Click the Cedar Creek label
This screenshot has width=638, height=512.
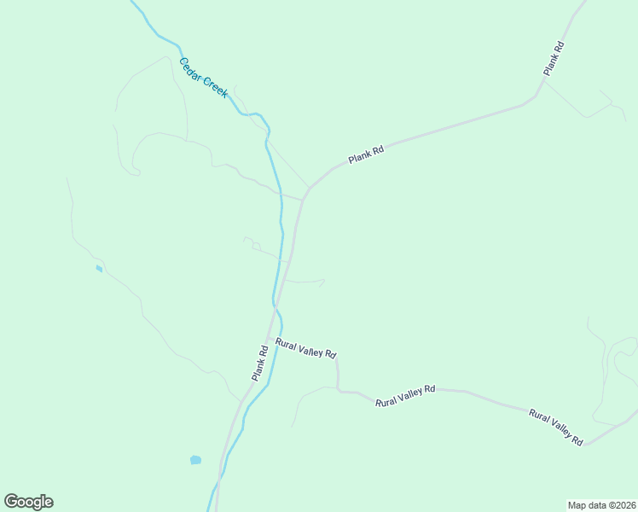coord(203,78)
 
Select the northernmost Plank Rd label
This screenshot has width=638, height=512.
coord(554,58)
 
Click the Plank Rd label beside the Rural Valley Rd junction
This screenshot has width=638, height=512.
coord(260,363)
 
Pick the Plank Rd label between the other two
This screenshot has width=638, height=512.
coord(366,154)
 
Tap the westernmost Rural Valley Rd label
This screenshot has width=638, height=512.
coord(305,347)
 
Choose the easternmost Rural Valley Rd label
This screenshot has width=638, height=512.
coord(555,427)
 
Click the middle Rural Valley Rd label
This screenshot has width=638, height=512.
coord(405,394)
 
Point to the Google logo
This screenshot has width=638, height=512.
coord(28,502)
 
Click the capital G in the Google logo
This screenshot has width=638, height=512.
coord(11,501)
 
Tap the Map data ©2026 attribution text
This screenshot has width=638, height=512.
coord(601,504)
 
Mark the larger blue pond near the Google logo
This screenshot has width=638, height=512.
coord(195,460)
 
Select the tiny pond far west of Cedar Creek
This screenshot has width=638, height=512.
coord(99,269)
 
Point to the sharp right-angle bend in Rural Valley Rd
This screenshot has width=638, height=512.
coord(339,390)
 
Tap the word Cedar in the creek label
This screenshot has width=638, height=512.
coord(189,67)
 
